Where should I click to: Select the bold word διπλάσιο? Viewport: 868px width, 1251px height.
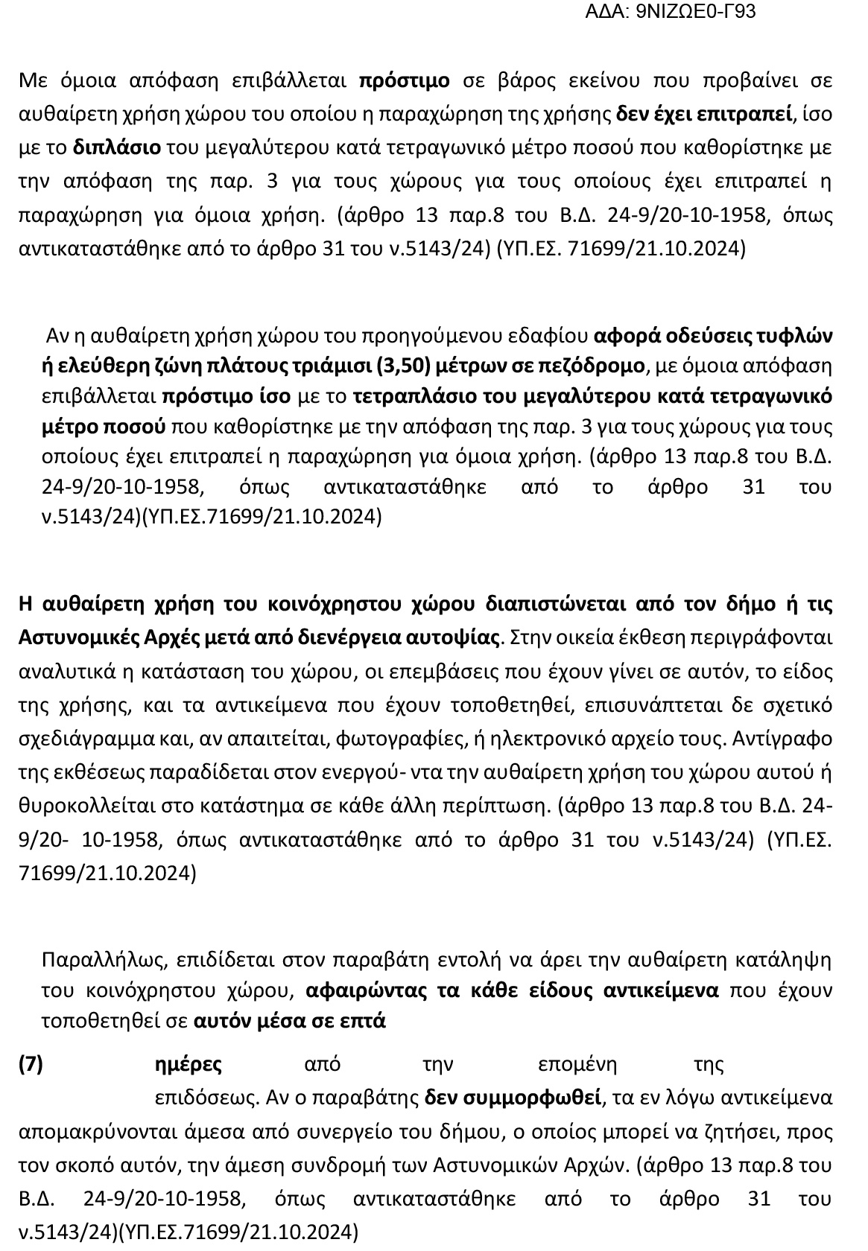[x=116, y=147]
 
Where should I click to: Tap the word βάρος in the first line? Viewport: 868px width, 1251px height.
[x=527, y=80]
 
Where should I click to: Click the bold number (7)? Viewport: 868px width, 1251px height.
[x=31, y=1063]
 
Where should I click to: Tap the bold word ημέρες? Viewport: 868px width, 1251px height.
[x=188, y=1063]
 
